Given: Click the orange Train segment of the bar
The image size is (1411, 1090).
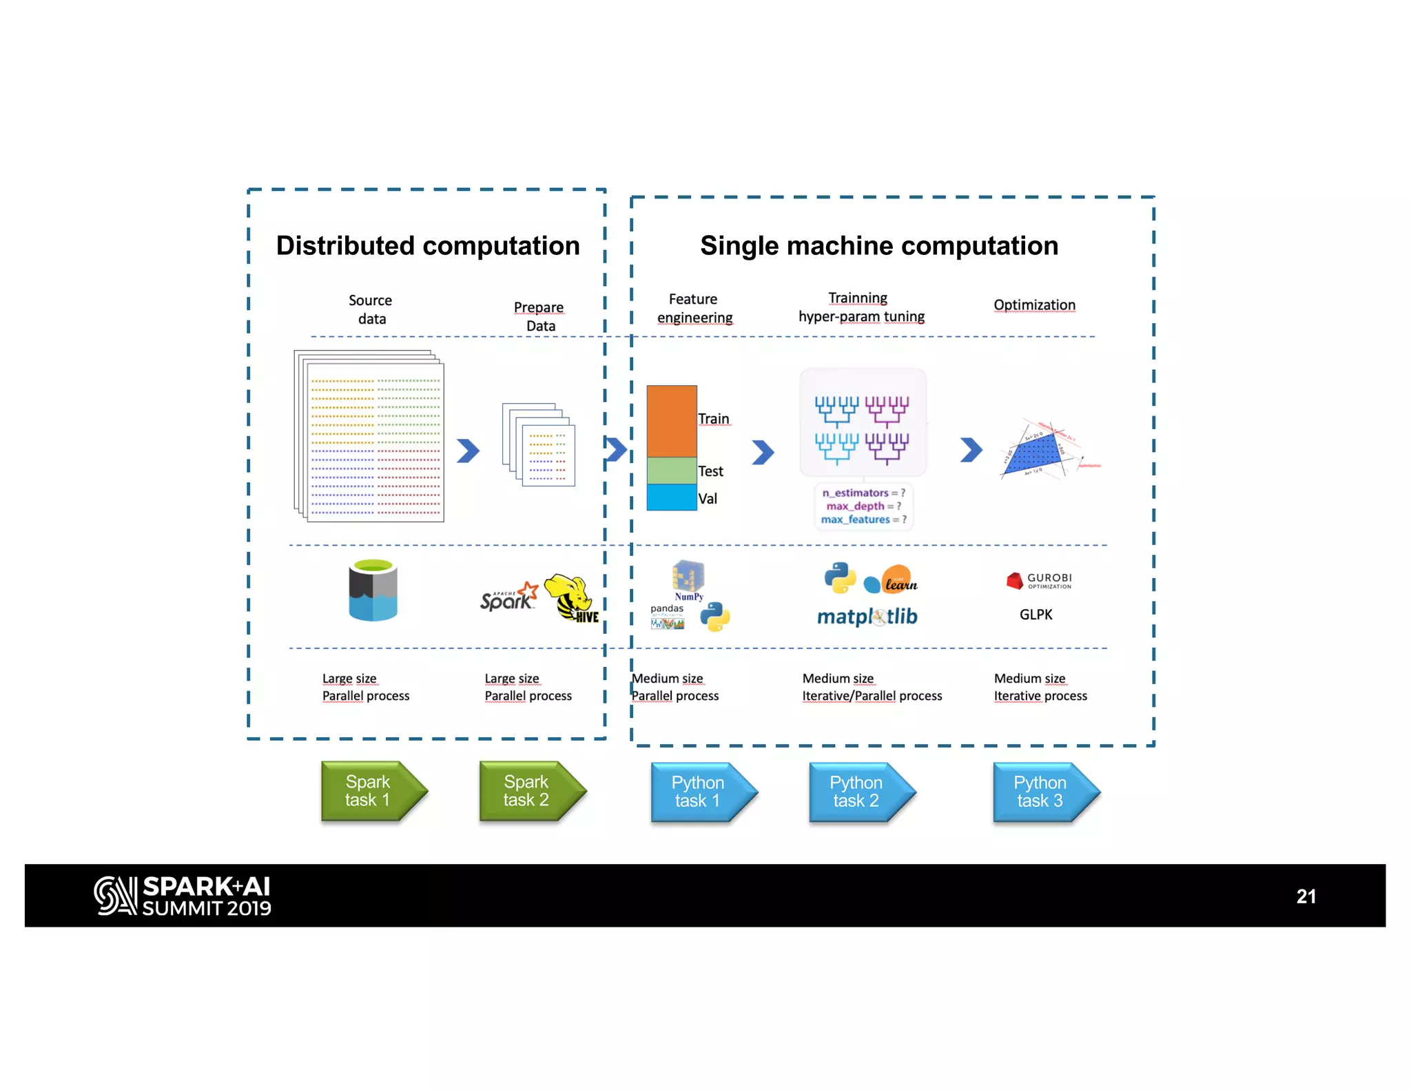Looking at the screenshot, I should pyautogui.click(x=672, y=420).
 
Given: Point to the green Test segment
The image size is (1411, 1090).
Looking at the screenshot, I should pyautogui.click(x=672, y=471).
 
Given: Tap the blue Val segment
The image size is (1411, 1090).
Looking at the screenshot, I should pyautogui.click(x=672, y=497).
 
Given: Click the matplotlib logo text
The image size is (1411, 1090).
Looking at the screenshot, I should pyautogui.click(x=867, y=616).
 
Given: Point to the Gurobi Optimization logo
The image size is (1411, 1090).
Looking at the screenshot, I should pyautogui.click(x=1039, y=581).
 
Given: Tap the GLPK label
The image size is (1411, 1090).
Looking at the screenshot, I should pyautogui.click(x=1036, y=615).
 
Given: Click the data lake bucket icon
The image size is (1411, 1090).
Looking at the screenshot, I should pyautogui.click(x=373, y=590).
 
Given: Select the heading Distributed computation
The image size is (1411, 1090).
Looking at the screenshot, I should pyautogui.click(x=428, y=246).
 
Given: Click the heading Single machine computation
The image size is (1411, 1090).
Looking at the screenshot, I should pyautogui.click(x=879, y=246).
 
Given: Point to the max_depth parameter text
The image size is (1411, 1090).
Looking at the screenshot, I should pyautogui.click(x=856, y=506).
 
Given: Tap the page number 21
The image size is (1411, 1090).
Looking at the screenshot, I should pyautogui.click(x=1306, y=896).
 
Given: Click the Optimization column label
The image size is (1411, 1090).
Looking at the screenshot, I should pyautogui.click(x=1034, y=305).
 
